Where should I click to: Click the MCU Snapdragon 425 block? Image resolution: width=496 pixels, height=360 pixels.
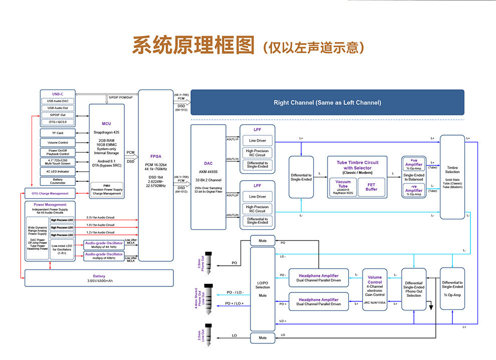106,145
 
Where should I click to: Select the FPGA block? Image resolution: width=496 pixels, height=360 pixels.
155,175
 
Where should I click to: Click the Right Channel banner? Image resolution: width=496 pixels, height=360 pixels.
327,103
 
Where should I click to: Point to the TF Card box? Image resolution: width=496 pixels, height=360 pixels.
58,133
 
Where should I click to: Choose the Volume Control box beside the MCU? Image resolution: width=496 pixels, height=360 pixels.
58,143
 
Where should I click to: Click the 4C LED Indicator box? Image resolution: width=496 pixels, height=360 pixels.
58,171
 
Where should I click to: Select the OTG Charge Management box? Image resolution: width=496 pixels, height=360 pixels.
50,193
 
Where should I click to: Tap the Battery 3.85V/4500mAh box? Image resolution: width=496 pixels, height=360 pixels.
99,278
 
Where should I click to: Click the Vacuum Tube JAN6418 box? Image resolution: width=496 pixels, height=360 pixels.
343,187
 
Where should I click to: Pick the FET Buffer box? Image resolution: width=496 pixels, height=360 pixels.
371,187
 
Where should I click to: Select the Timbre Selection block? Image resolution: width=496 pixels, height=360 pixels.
452,176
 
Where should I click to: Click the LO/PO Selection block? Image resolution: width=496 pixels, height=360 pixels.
263,288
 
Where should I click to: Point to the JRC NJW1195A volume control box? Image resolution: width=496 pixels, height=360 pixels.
374,289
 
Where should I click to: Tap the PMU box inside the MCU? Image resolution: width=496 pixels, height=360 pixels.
106,189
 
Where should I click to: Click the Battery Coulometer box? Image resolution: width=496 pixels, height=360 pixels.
58,181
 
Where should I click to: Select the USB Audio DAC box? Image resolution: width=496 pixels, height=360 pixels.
58,101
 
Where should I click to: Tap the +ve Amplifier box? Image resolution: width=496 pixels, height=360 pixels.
413,165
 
